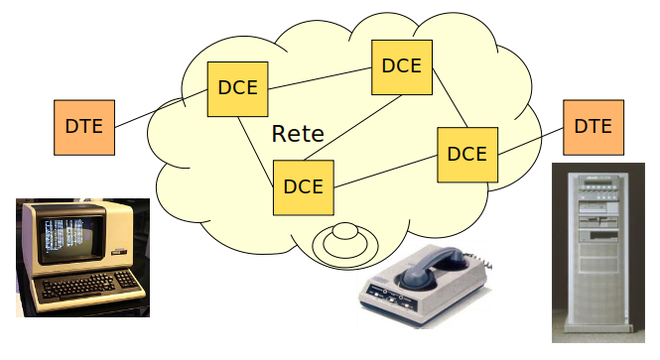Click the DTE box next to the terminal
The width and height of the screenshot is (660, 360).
[84, 126]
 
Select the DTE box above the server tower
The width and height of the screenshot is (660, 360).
[593, 126]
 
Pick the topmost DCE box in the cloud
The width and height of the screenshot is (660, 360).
[401, 66]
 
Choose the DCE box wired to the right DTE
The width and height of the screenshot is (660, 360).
[466, 154]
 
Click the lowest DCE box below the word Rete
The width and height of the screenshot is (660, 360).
[303, 185]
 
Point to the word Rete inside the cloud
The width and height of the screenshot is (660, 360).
[298, 134]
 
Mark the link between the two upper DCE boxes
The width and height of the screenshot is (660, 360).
[319, 78]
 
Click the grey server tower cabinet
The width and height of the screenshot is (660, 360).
[596, 253]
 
